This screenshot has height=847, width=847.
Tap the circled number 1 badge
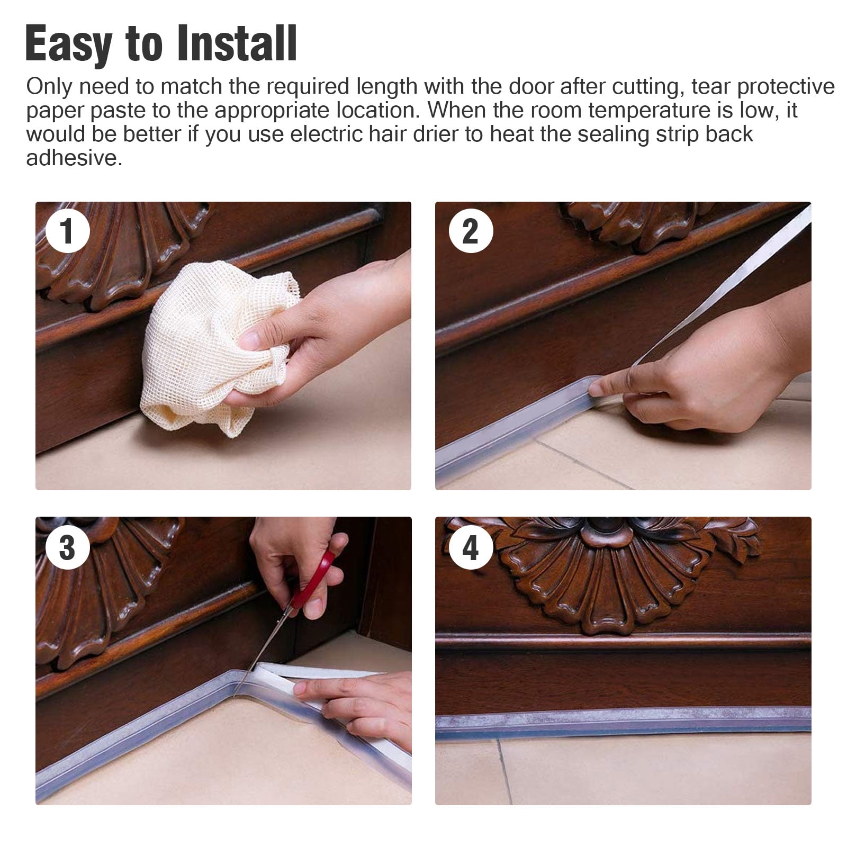(67, 231)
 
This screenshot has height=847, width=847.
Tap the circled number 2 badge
(471, 231)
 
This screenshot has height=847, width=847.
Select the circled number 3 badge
(67, 547)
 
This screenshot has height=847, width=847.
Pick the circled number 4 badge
(471, 547)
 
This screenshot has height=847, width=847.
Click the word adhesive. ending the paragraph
(74, 158)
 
